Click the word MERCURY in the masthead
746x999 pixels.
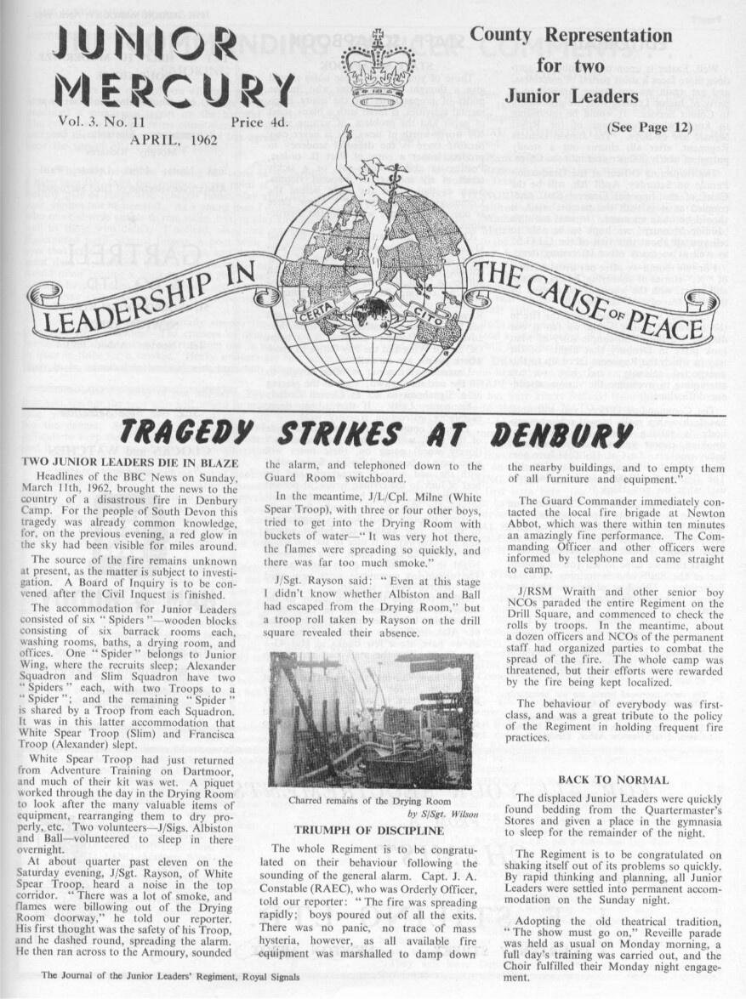(174, 90)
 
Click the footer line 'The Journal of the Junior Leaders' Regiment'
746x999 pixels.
(171, 976)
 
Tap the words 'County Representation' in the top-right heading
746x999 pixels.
(571, 36)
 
